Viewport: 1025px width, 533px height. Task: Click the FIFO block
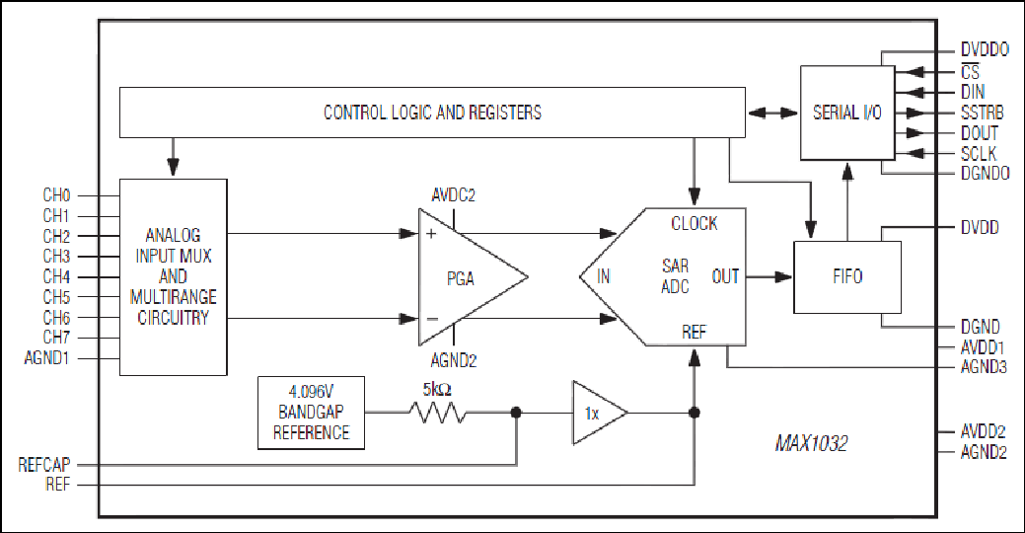pyautogui.click(x=847, y=277)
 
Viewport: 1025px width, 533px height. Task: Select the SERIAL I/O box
pyautogui.click(x=847, y=113)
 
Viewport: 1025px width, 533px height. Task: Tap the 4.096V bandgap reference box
pyautogui.click(x=311, y=413)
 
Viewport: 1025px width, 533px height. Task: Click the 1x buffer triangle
pyautogui.click(x=600, y=413)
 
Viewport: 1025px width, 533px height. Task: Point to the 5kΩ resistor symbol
pyautogui.click(x=437, y=413)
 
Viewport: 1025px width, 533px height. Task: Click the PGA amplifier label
pyautogui.click(x=460, y=278)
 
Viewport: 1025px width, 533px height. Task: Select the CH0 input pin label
pyautogui.click(x=56, y=194)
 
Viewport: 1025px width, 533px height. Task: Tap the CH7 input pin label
pyautogui.click(x=56, y=338)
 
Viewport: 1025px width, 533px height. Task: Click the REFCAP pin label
pyautogui.click(x=43, y=465)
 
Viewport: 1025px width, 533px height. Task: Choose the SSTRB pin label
pyautogui.click(x=983, y=113)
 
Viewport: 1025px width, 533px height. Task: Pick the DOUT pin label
pyautogui.click(x=980, y=133)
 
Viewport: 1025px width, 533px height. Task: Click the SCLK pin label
pyautogui.click(x=979, y=154)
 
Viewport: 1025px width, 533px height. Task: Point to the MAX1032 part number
pyautogui.click(x=811, y=444)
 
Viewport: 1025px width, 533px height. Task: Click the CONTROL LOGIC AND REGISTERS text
pyautogui.click(x=433, y=113)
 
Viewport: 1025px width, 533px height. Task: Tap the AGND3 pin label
pyautogui.click(x=984, y=367)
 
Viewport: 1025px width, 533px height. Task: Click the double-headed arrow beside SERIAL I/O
pyautogui.click(x=772, y=114)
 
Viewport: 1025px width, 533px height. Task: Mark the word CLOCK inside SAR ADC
pyautogui.click(x=695, y=224)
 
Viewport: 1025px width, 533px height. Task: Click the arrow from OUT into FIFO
pyautogui.click(x=769, y=276)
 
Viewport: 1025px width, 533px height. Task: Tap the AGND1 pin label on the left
pyautogui.click(x=46, y=358)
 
